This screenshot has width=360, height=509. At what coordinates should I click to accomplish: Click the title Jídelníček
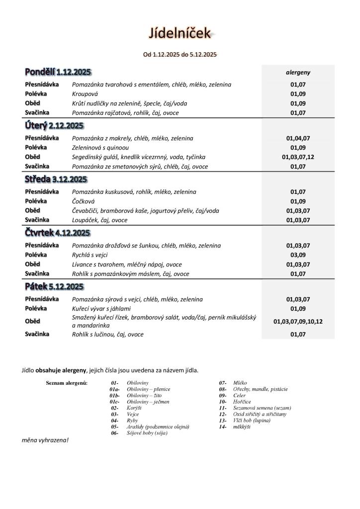(180, 33)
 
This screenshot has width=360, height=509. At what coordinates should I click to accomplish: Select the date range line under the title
(180, 55)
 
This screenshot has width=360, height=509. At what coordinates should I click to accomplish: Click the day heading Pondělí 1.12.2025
(58, 72)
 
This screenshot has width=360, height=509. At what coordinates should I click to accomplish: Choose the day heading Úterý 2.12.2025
(54, 126)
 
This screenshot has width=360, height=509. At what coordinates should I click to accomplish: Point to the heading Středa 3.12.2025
(56, 179)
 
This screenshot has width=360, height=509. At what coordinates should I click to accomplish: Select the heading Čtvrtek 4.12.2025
(58, 233)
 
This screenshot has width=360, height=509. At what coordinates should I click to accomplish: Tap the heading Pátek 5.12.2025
(54, 286)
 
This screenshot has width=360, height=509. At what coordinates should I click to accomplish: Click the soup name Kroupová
(85, 94)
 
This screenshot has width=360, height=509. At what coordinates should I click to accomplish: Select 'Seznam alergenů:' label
(67, 383)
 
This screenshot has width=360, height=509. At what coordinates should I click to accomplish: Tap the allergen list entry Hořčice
(242, 402)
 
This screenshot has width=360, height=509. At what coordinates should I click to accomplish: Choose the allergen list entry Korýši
(134, 408)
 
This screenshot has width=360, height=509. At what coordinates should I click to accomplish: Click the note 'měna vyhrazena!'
(45, 440)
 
